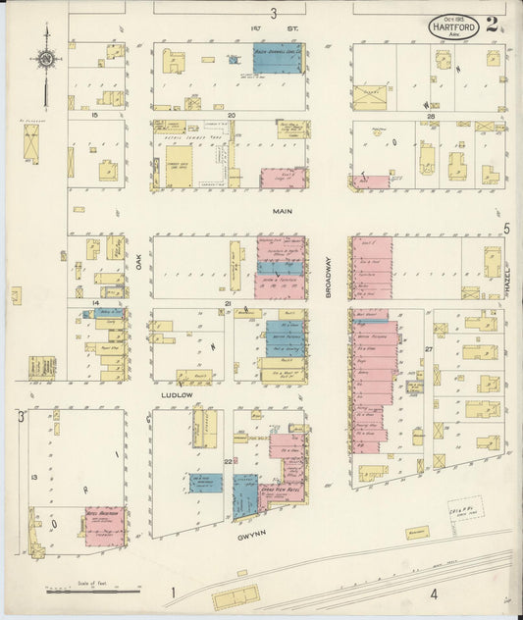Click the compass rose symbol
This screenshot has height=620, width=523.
coord(46,59)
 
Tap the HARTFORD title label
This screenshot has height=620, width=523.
coord(454,26)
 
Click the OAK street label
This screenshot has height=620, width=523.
coord(139,263)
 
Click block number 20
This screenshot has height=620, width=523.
coord(232,116)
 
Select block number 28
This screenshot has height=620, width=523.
coord(430,116)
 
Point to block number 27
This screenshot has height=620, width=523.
coord(428,349)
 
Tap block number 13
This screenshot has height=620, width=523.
coord(34,476)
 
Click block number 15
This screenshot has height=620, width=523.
coord(94,116)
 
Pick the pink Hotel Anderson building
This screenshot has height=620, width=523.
coord(105,526)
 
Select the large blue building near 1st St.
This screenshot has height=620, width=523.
coord(279,58)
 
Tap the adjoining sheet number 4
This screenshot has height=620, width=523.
coord(433,593)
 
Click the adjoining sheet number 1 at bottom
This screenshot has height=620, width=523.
coord(173,592)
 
